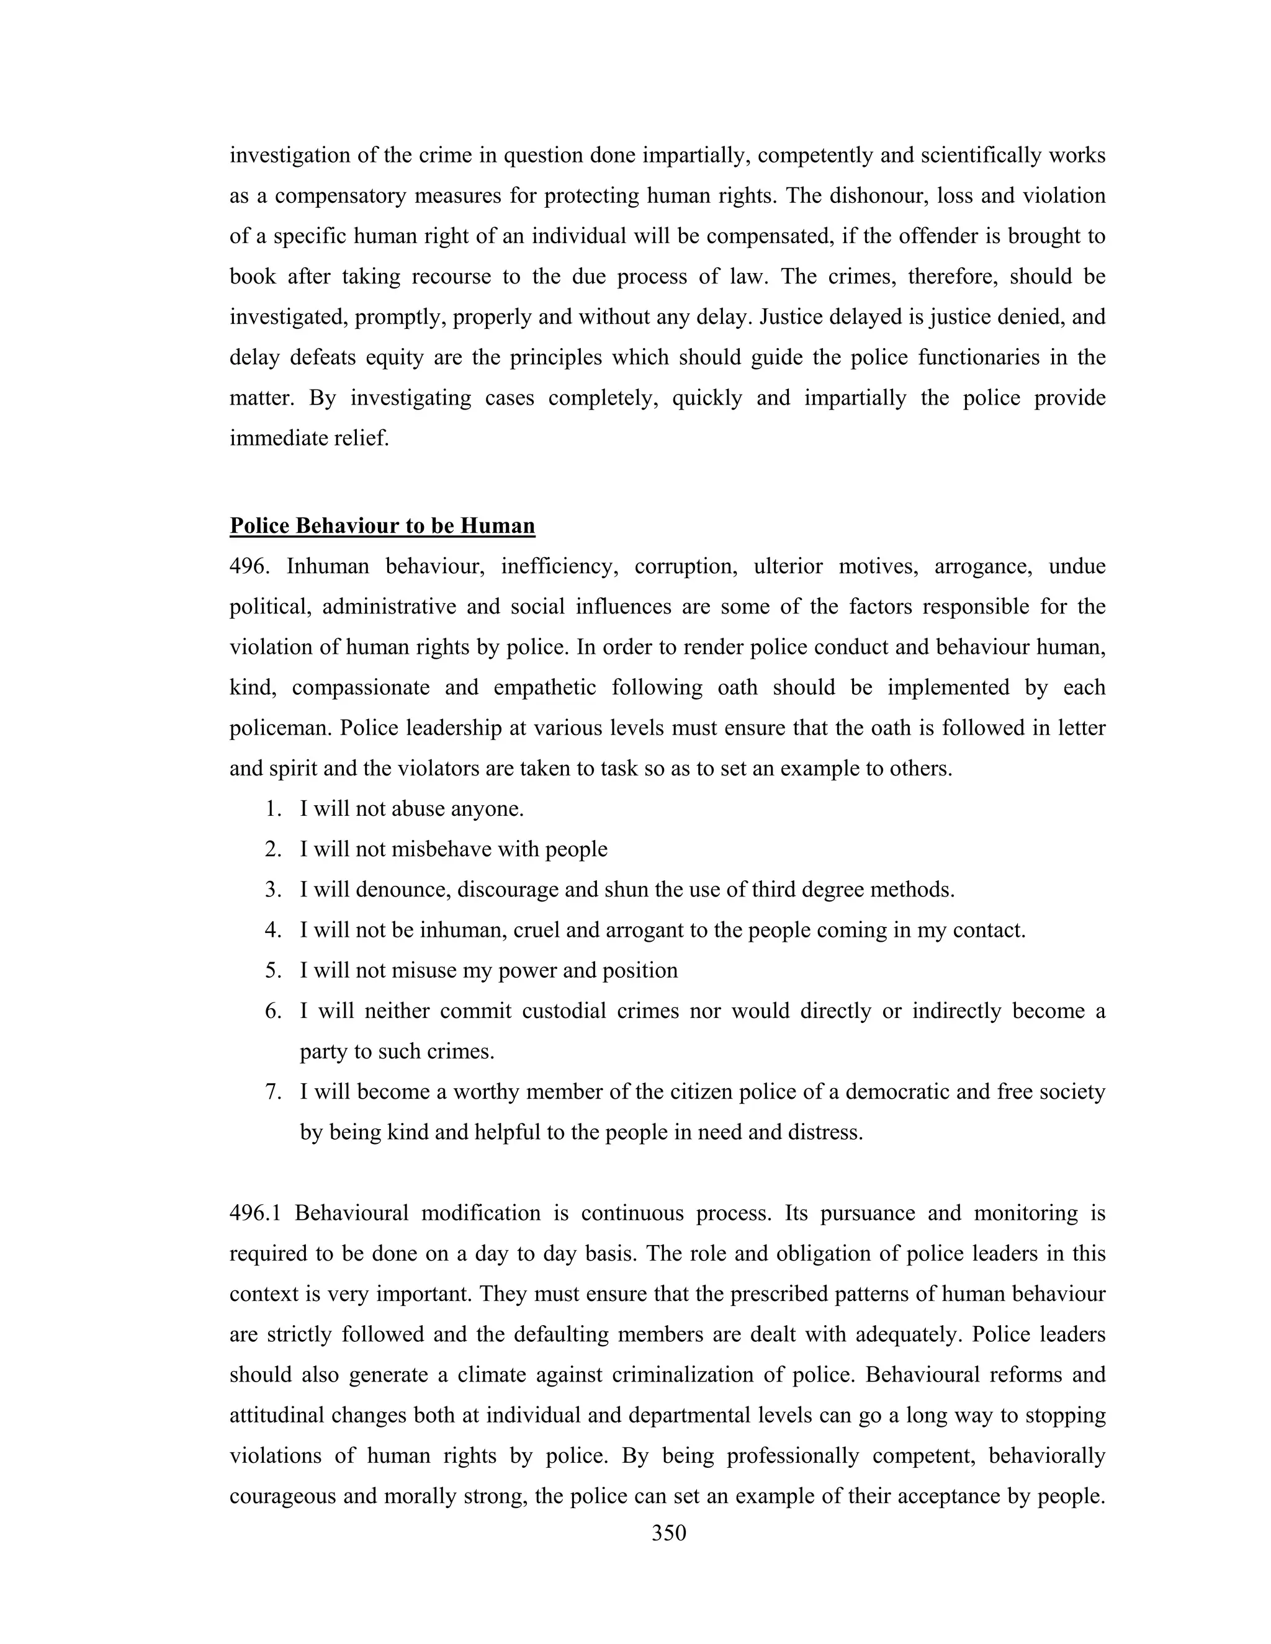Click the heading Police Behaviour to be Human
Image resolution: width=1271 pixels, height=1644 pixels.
[x=382, y=525]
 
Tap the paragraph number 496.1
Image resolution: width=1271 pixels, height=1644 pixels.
[x=254, y=1213]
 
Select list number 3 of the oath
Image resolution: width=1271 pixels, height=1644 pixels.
[x=272, y=890]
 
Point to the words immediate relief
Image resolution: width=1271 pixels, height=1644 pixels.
[x=308, y=438]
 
